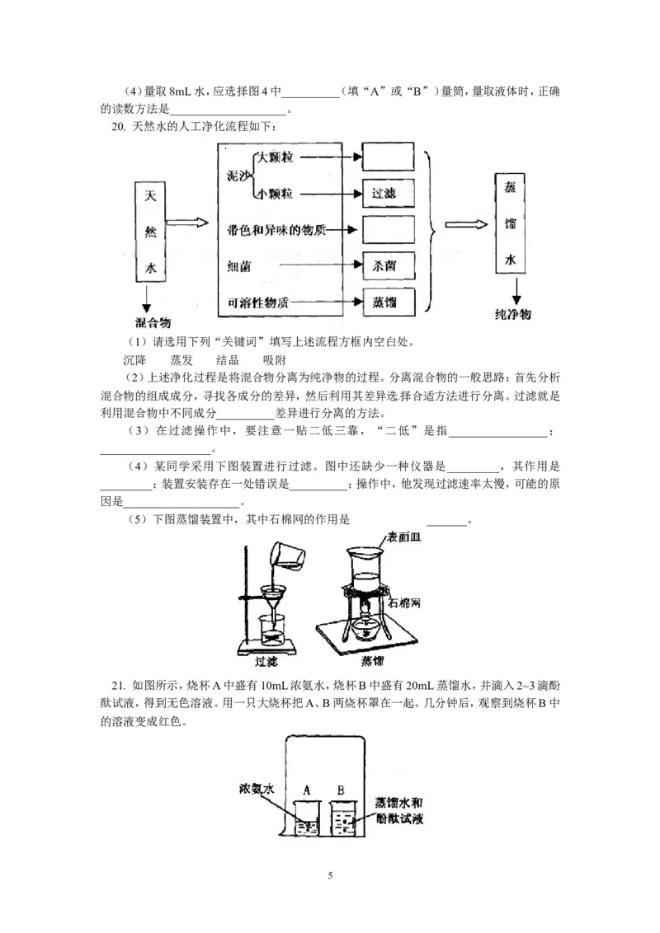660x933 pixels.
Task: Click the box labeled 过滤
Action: [x=387, y=194]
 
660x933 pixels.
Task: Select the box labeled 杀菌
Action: [x=387, y=267]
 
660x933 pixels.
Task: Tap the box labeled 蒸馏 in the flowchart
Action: [x=387, y=302]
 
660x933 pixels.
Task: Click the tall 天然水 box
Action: [x=150, y=233]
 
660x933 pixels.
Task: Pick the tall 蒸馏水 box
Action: [x=511, y=224]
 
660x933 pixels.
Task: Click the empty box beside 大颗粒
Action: [x=387, y=157]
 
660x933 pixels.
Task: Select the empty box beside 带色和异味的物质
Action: [x=387, y=230]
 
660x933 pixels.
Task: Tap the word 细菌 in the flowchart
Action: [x=240, y=267]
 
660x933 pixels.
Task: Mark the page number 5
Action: [x=330, y=874]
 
